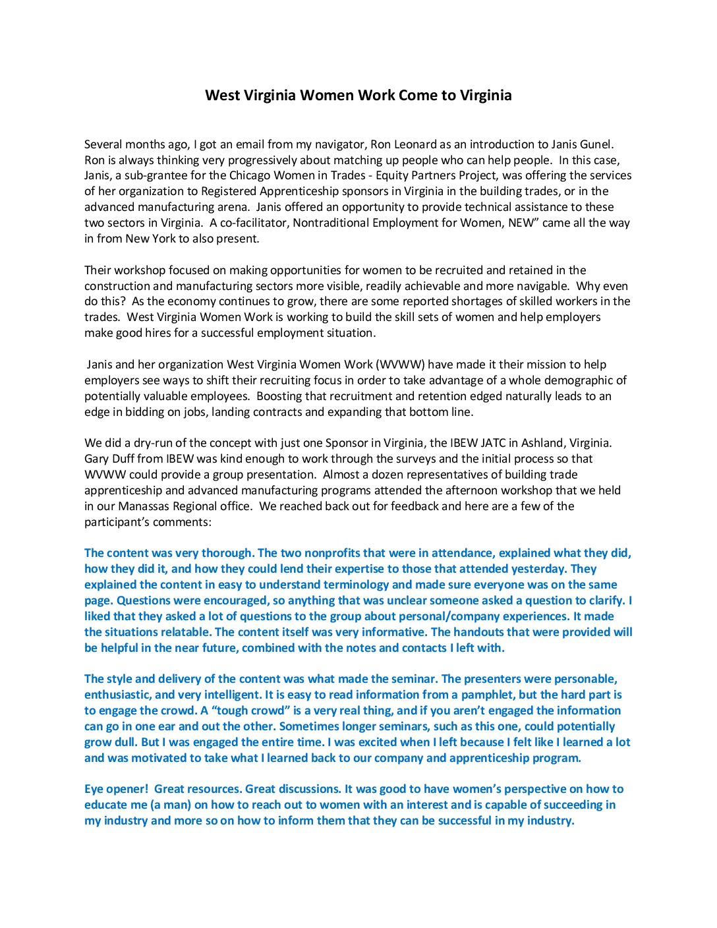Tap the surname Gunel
click(x=596, y=144)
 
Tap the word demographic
click(x=577, y=380)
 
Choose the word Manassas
click(x=148, y=506)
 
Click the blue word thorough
click(x=227, y=553)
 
